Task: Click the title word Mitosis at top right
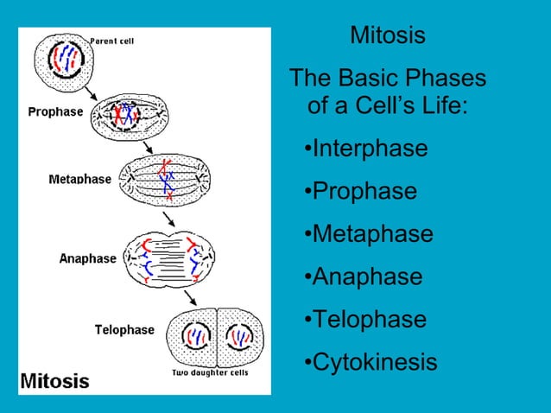(388, 36)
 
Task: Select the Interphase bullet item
(366, 149)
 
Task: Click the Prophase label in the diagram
(55, 111)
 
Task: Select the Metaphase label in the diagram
(79, 179)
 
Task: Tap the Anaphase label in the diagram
(87, 258)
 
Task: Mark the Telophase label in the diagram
(124, 329)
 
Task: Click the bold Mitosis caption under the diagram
(54, 380)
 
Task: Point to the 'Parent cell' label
(112, 40)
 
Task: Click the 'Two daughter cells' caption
(211, 372)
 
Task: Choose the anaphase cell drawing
(170, 257)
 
